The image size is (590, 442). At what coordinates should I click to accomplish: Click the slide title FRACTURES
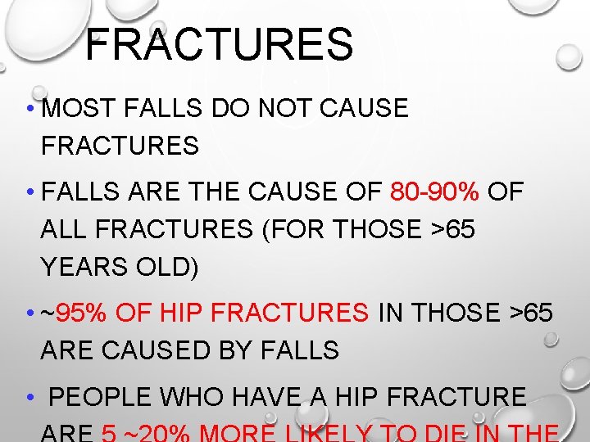click(219, 44)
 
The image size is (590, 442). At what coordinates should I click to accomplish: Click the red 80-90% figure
click(434, 192)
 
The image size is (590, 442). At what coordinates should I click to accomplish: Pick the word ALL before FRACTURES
click(65, 230)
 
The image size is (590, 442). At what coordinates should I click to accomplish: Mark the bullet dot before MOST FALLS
click(29, 109)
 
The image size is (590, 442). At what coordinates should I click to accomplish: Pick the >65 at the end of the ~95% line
click(531, 313)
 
